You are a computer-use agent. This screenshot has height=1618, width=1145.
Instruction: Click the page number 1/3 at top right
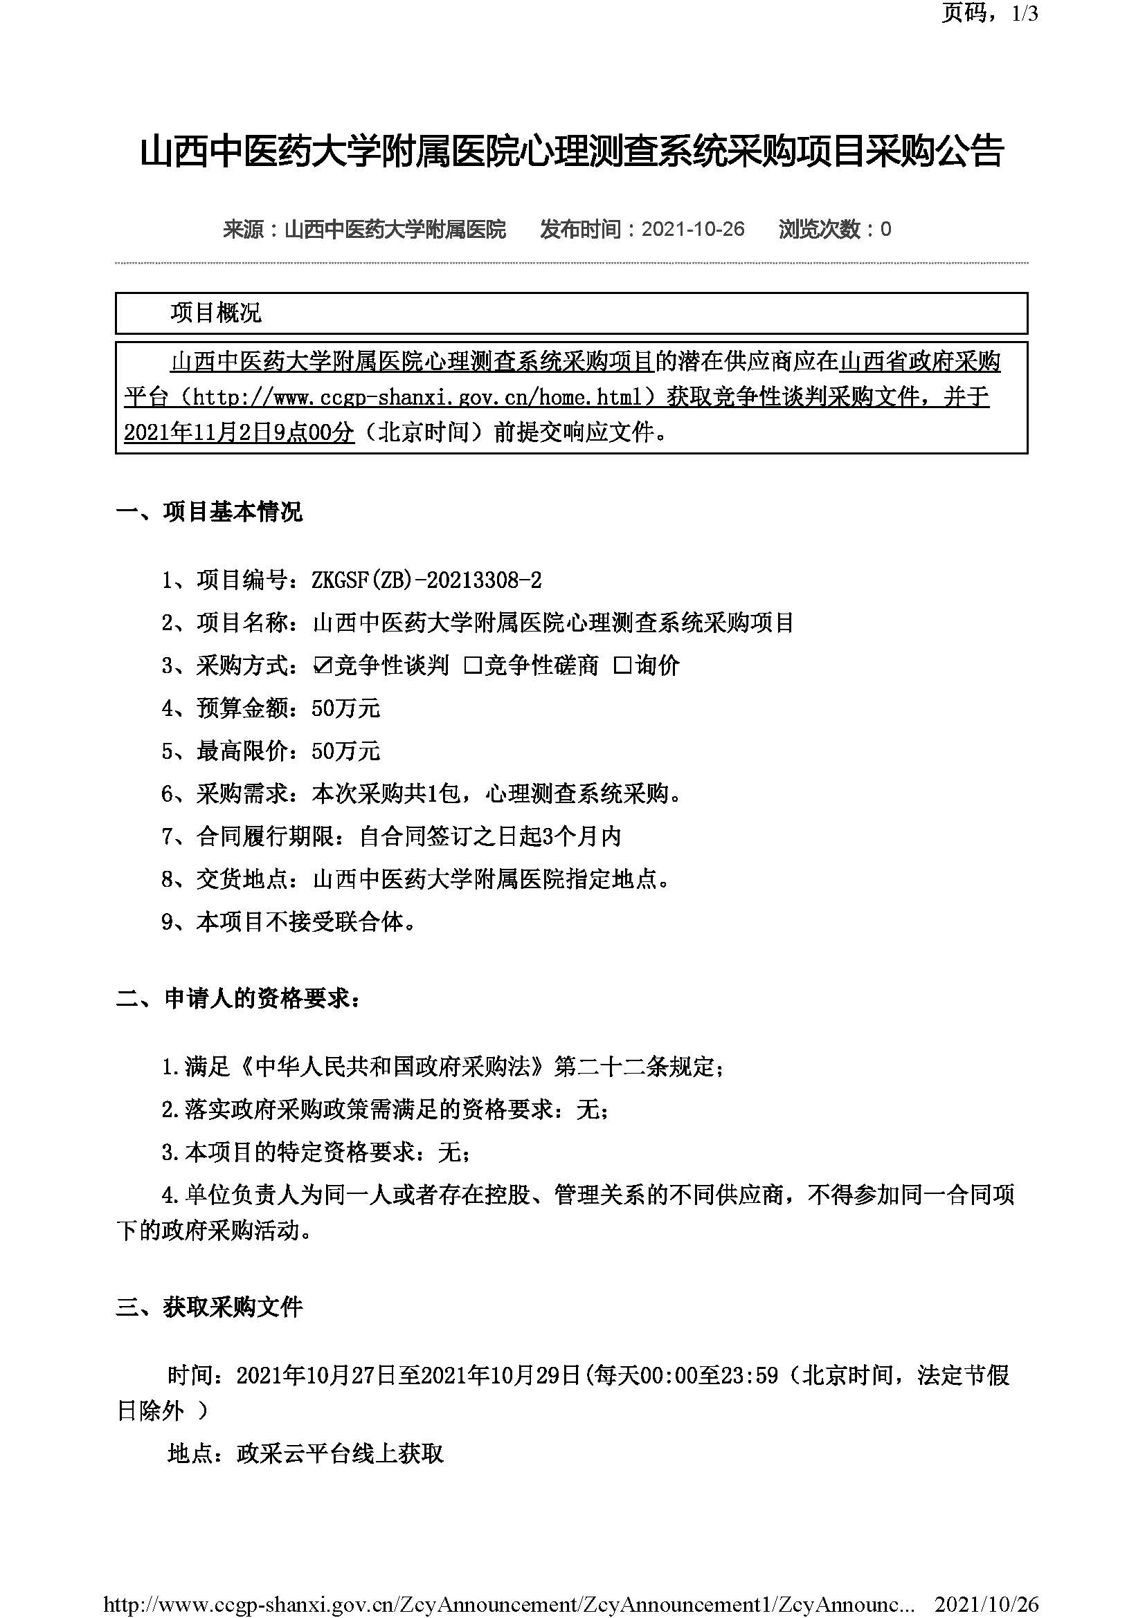tap(1025, 13)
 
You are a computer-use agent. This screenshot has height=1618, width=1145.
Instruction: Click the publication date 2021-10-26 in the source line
tap(692, 229)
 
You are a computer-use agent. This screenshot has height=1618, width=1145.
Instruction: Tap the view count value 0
tap(886, 229)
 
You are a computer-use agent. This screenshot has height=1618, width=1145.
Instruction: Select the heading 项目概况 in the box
tap(216, 313)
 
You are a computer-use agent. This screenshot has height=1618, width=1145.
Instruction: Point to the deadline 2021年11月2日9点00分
tap(239, 432)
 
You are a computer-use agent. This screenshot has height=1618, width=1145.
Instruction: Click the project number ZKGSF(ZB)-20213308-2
tap(426, 580)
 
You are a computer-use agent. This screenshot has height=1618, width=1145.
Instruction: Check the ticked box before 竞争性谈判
tap(321, 665)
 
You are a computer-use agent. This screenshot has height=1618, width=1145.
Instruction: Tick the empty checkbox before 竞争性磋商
tap(472, 665)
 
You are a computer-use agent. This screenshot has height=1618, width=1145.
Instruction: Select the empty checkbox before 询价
tap(622, 665)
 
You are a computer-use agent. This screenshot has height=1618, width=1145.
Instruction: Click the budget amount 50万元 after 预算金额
tap(345, 708)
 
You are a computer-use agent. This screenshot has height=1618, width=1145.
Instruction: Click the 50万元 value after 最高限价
tap(345, 751)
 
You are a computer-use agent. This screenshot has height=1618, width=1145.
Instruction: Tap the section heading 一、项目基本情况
tap(209, 511)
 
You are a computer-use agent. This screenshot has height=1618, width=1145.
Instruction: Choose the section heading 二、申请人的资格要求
tap(237, 999)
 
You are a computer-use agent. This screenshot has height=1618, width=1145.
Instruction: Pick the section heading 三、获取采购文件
tap(209, 1307)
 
